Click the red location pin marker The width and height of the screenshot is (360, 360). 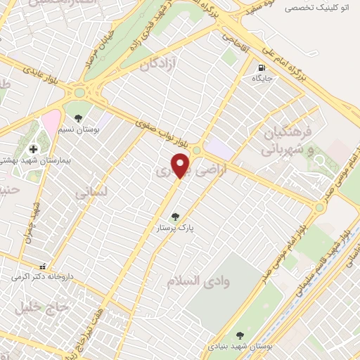pos(181,165)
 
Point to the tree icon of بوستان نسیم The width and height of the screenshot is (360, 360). pos(77,118)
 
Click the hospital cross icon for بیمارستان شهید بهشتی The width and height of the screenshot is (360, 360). pos(33,149)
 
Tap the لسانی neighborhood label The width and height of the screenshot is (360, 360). pos(91,190)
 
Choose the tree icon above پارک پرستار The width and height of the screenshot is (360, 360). pos(175,217)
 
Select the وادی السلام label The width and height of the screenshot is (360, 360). pos(199,281)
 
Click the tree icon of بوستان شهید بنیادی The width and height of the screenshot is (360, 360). pos(240,335)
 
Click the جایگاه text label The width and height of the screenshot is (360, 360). pos(262,79)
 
